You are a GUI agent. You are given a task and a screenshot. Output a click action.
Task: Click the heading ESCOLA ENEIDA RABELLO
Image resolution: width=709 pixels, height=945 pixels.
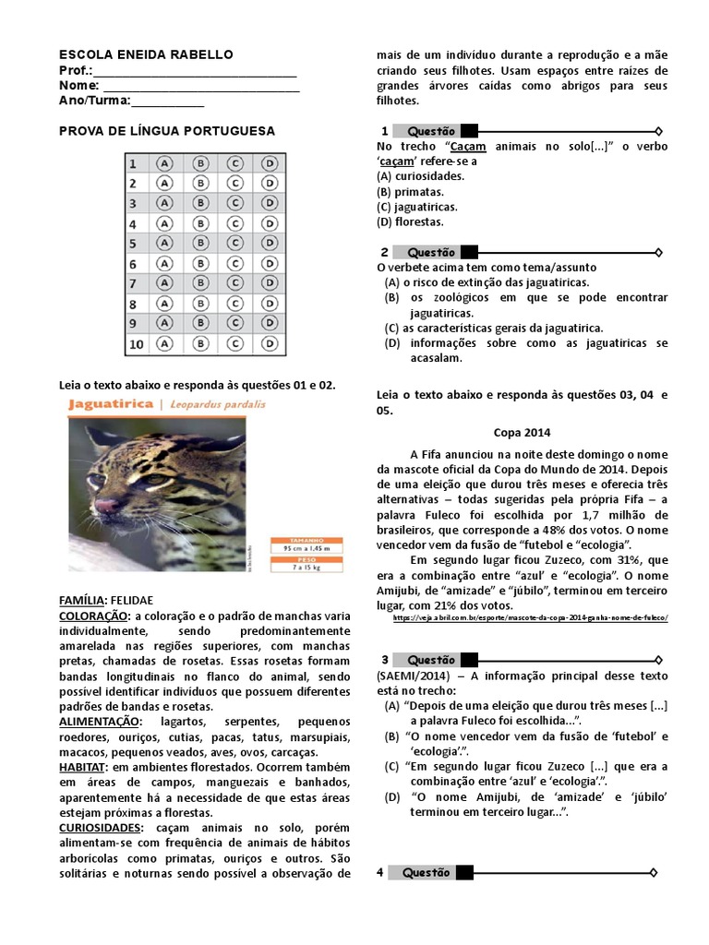pyautogui.click(x=146, y=55)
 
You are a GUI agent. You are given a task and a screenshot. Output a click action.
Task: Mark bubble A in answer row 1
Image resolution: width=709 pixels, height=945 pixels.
pyautogui.click(x=164, y=163)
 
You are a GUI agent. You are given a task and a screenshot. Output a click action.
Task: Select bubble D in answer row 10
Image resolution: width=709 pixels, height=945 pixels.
pyautogui.click(x=269, y=344)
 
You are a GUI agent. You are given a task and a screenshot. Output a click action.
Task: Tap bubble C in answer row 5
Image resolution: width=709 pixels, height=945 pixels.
pyautogui.click(x=234, y=244)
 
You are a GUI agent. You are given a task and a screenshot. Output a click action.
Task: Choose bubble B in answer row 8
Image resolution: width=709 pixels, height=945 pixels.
pyautogui.click(x=199, y=304)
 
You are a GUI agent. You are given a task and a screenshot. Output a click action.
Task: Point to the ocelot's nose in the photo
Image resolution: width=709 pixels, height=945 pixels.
pyautogui.click(x=107, y=506)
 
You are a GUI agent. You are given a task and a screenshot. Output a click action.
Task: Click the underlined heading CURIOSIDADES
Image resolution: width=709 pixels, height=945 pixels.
pyautogui.click(x=103, y=828)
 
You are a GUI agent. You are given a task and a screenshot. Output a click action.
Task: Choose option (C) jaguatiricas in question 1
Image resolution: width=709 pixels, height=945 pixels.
pyautogui.click(x=417, y=207)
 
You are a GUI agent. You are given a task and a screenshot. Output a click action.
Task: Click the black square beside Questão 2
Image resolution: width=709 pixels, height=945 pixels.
pyautogui.click(x=469, y=252)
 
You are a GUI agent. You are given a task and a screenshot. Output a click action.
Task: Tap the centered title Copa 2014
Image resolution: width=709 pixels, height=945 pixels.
pyautogui.click(x=521, y=431)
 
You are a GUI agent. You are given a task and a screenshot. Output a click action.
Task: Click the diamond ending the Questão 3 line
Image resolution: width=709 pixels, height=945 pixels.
pyautogui.click(x=657, y=660)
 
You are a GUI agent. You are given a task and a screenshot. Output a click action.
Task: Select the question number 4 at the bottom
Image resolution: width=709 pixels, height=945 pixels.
pyautogui.click(x=380, y=872)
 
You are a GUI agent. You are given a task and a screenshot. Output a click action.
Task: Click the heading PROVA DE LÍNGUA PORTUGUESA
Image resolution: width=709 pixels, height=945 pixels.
pyautogui.click(x=167, y=131)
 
